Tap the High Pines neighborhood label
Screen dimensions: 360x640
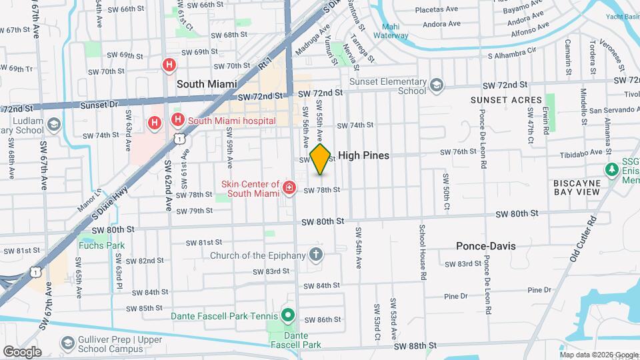pos(363,155)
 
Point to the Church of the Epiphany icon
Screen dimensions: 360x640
pos(315,255)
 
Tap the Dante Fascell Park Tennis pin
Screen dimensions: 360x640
pos(288,314)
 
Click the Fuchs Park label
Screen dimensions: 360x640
pos(101,245)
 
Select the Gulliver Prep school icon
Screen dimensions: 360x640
pos(67,343)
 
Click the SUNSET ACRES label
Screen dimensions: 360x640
pos(507,100)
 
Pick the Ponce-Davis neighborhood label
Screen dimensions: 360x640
pos(485,246)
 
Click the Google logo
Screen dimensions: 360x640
pos(22,351)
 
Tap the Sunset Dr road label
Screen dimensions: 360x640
pos(98,105)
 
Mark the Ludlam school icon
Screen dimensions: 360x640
pos(53,125)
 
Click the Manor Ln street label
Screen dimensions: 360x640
pos(88,199)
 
